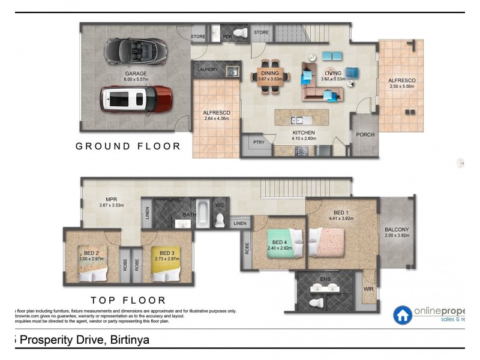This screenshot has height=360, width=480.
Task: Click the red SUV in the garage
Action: pyautogui.click(x=137, y=99)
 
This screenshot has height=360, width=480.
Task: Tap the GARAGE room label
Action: pyautogui.click(x=136, y=73)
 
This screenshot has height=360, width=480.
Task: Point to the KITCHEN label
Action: pyautogui.click(x=303, y=133)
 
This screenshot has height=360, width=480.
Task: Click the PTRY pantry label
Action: pyautogui.click(x=259, y=142)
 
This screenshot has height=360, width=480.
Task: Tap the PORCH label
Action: pyautogui.click(x=365, y=134)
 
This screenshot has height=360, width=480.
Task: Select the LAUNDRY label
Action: pyautogui.click(x=208, y=70)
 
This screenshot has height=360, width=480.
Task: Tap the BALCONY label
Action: pyautogui.click(x=397, y=229)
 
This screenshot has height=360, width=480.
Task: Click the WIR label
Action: pyautogui.click(x=368, y=288)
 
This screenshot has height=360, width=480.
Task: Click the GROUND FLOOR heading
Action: pyautogui.click(x=128, y=146)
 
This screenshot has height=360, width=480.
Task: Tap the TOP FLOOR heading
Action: pyautogui.click(x=128, y=299)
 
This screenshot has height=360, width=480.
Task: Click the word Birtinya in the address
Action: pyautogui.click(x=127, y=340)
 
